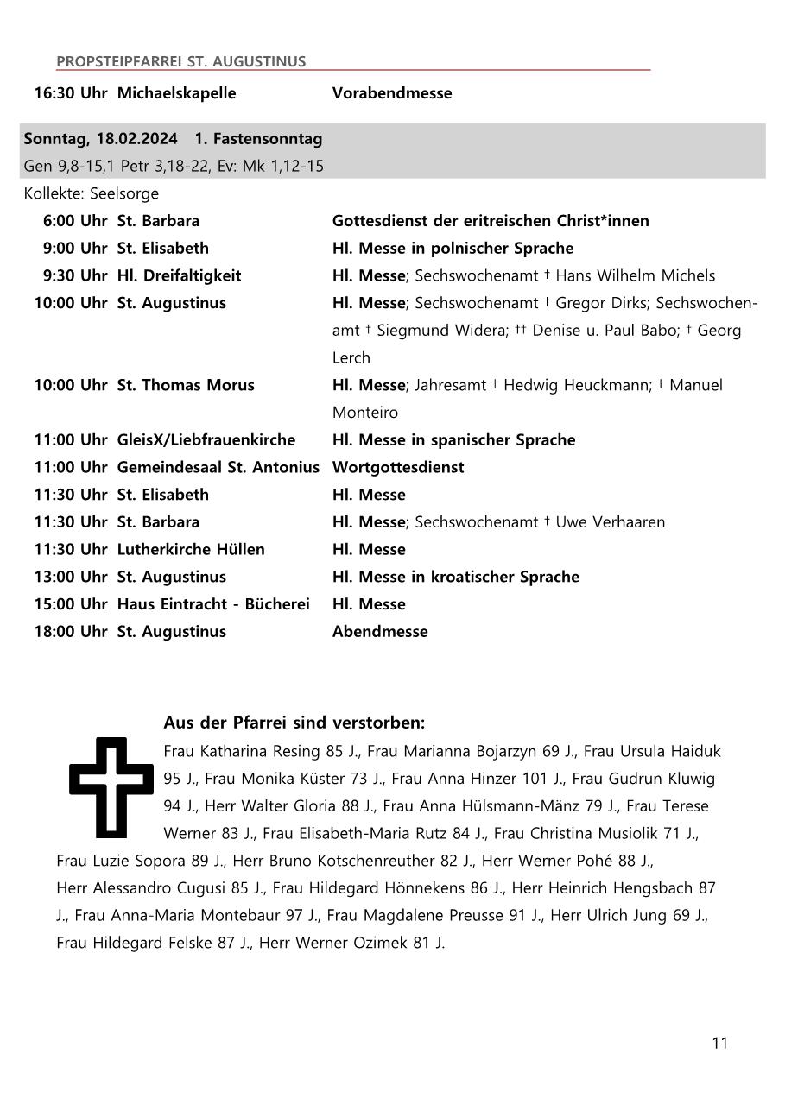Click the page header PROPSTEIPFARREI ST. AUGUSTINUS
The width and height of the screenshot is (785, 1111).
180,61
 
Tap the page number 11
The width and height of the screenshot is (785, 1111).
719,1043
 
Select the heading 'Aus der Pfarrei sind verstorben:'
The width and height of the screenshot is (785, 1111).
294,723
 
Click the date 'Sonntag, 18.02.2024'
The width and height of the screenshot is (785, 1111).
100,138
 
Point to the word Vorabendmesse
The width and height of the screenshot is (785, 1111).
392,92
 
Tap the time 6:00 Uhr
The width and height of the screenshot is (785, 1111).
75,220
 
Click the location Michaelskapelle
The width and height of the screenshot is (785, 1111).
176,92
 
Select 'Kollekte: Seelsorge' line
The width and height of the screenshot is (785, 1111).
92,193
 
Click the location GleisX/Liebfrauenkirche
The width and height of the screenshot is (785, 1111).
206,439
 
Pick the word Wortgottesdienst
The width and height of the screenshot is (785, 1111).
398,467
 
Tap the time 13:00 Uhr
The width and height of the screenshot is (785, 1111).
71,577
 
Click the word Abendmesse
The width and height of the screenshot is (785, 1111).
380,631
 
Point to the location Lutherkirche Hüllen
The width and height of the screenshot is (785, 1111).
191,549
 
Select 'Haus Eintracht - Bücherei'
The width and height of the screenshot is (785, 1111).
213,604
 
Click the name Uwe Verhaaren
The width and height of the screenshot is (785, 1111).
610,521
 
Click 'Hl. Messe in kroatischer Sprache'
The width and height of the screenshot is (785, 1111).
455,577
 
